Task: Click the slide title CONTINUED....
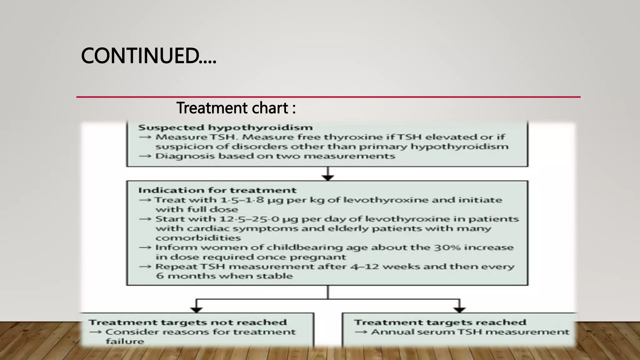click(148, 56)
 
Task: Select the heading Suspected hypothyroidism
click(225, 127)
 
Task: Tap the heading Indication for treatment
click(217, 190)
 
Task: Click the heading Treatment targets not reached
click(187, 322)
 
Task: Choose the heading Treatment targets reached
click(440, 322)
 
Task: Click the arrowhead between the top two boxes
click(328, 177)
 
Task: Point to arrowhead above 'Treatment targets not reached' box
click(196, 310)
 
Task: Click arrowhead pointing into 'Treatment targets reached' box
click(459, 310)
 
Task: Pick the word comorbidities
click(198, 238)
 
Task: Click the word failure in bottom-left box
click(125, 341)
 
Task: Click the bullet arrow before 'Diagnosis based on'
click(145, 156)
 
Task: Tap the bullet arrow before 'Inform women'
click(145, 247)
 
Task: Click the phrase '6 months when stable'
click(224, 276)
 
